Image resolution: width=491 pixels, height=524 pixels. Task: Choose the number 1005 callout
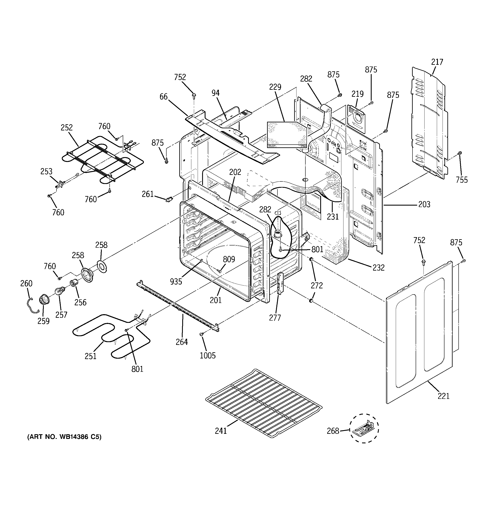[208, 355]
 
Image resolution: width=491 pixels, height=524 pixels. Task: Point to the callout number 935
[176, 282]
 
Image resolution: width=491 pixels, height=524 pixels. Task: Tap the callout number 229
[275, 87]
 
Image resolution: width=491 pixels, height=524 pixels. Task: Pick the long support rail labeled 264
[178, 306]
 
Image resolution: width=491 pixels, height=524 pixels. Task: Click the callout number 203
[424, 204]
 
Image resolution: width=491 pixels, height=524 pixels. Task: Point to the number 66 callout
[163, 97]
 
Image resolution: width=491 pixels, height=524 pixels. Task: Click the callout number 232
[378, 268]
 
